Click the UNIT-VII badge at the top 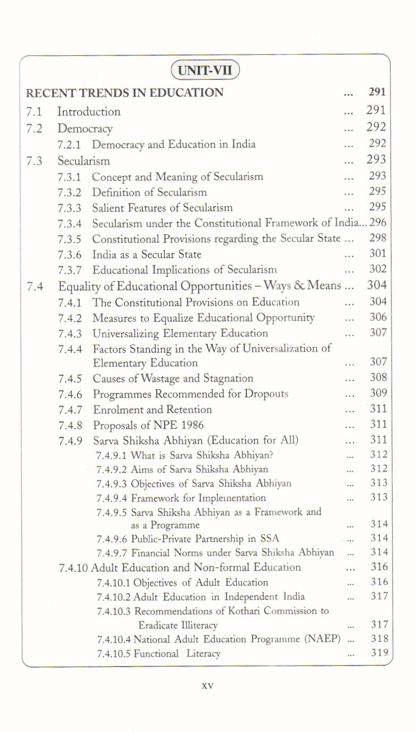pos(205,71)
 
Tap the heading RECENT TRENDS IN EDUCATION pos(125,93)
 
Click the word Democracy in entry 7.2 pos(85,129)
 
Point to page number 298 pos(378,238)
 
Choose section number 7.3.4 pos(70,224)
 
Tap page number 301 pos(378,254)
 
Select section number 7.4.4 pos(70,349)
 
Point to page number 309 pos(378,393)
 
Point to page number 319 pos(379,653)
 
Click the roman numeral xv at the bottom pos(207,686)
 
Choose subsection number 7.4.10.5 pos(114,653)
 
